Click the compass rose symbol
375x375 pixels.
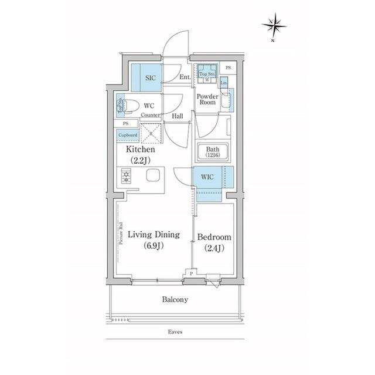click(274, 25)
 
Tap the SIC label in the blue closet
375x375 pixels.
click(151, 77)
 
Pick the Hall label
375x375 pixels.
click(178, 116)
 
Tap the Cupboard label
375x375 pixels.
click(128, 135)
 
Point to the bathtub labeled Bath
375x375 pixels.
click(212, 152)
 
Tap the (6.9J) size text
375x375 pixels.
click(154, 246)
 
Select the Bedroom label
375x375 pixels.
click(214, 237)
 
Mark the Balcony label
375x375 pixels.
click(175, 299)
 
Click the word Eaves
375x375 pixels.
click(175, 332)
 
